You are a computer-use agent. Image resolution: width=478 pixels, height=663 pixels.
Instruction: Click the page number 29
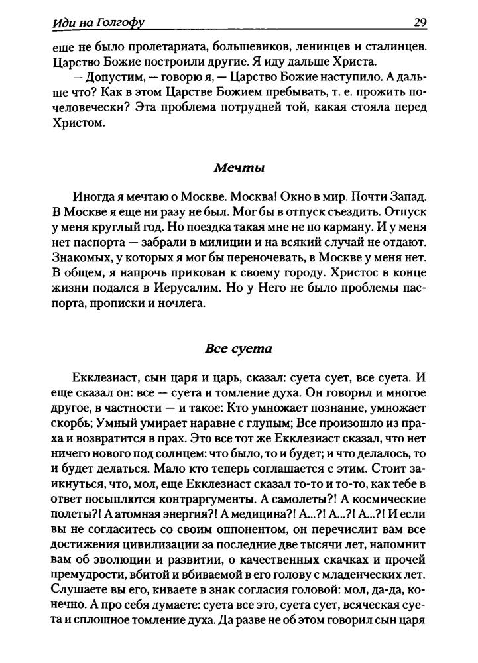420,23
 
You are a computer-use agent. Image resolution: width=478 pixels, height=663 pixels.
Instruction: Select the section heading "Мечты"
239,168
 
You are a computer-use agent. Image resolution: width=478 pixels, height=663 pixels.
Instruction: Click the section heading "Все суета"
239,347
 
